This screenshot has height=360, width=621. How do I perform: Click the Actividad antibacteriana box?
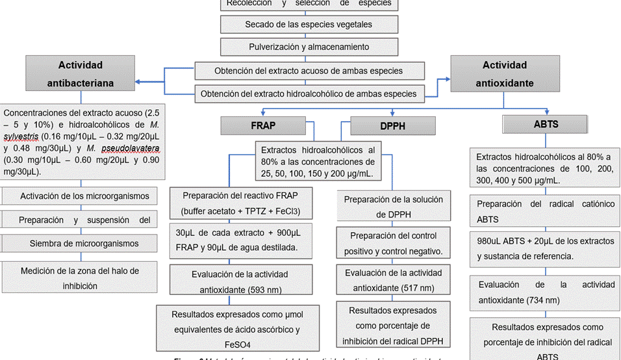(80, 73)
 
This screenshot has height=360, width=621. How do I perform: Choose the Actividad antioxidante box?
(504, 73)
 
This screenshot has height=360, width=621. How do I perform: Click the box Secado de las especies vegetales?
(308, 25)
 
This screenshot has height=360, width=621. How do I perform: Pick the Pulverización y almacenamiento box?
(308, 47)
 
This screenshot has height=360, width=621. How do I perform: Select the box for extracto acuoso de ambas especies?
(308, 70)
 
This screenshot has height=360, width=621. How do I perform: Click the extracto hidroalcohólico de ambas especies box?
(308, 94)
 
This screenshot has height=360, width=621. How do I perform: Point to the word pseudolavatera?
(128, 148)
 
